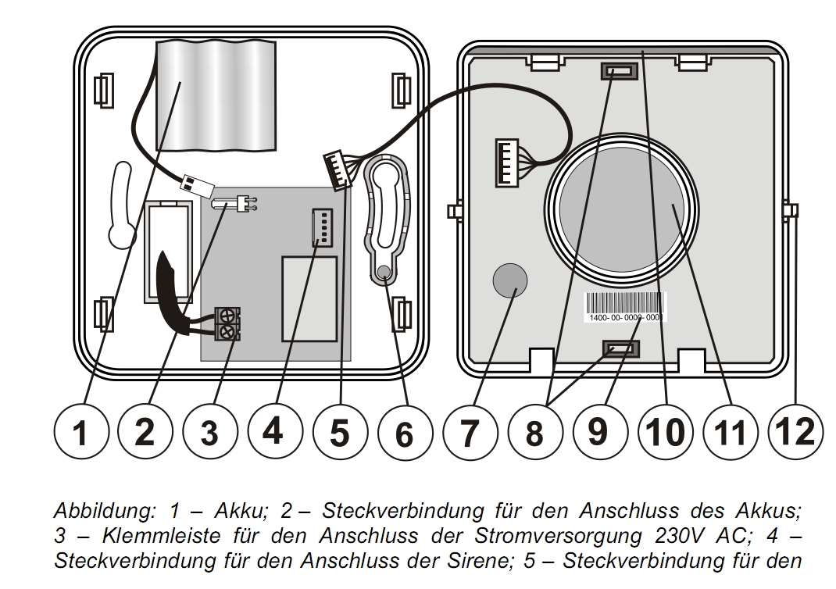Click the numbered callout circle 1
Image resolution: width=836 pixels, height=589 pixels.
[80, 431]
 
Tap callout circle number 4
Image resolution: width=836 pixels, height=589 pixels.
[273, 431]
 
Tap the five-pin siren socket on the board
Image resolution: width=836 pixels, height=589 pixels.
[320, 229]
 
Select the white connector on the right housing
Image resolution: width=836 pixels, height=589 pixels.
[507, 163]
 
